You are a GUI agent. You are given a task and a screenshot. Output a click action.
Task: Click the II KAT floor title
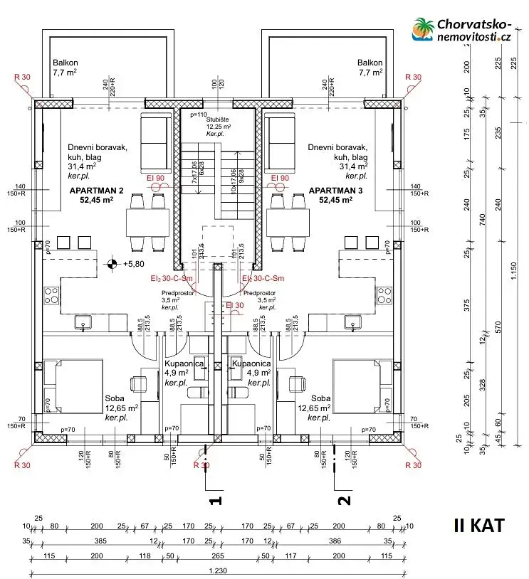(478, 526)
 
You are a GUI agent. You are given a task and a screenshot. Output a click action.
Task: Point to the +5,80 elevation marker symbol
(112, 264)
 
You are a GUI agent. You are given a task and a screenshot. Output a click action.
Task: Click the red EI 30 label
(234, 306)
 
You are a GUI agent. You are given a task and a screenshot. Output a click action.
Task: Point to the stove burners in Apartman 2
(51, 294)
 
